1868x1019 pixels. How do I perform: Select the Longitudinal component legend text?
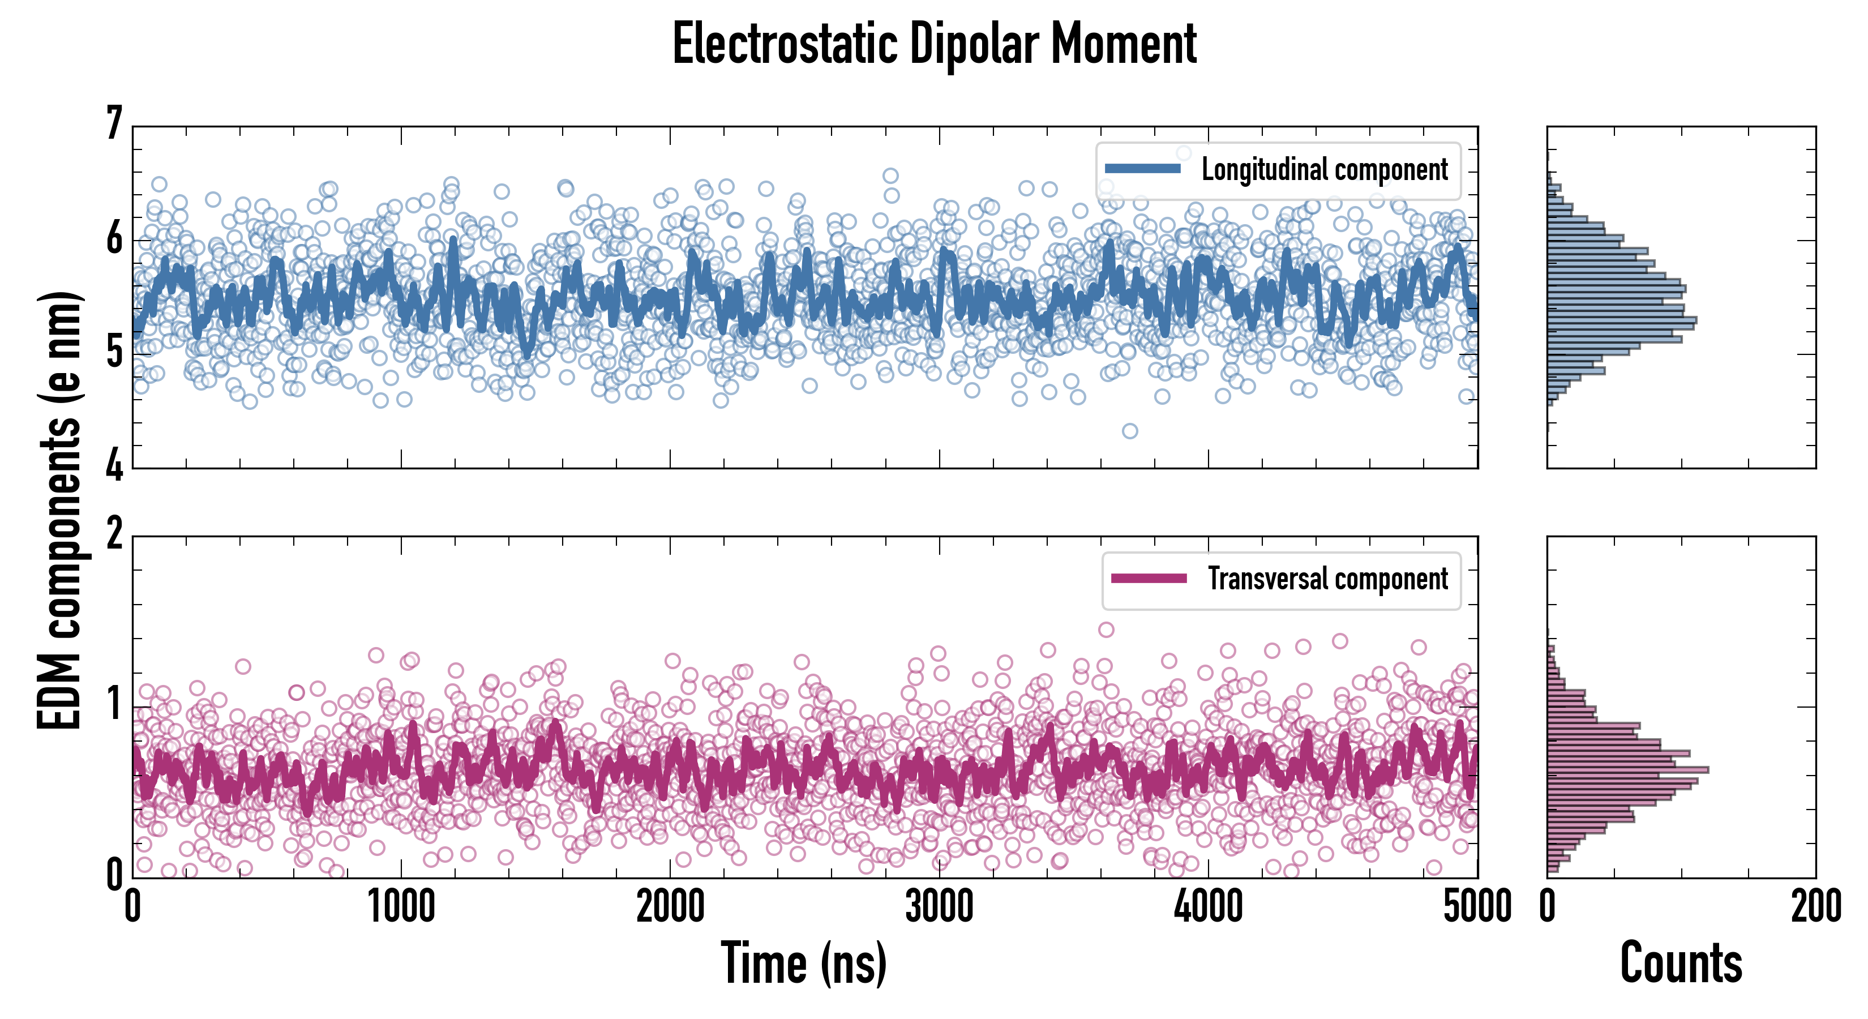click(1324, 170)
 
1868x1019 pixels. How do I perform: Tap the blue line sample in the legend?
click(1142, 169)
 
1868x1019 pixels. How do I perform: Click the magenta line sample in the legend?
click(1148, 578)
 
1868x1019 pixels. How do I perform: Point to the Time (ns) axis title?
click(803, 963)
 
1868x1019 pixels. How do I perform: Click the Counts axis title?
click(1680, 963)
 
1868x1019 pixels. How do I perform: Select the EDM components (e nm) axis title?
click(59, 511)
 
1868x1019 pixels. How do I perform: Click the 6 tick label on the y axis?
click(114, 238)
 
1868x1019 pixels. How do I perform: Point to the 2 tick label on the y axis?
click(114, 534)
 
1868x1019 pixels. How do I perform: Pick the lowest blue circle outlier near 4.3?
click(1130, 431)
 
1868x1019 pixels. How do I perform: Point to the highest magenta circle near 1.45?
click(1106, 630)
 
